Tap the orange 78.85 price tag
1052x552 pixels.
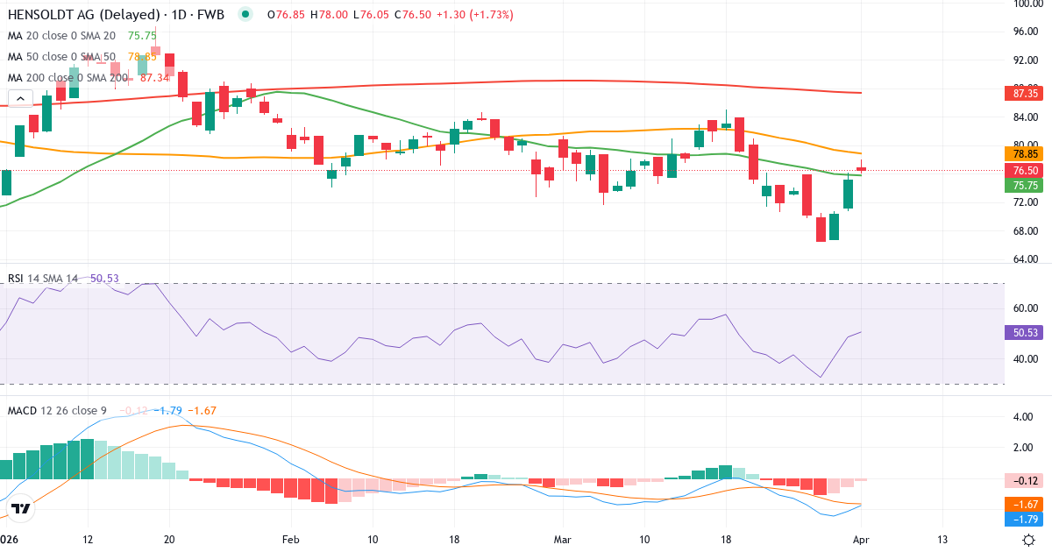point(1020,153)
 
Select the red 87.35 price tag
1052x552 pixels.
point(1020,93)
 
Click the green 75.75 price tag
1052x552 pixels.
point(1020,186)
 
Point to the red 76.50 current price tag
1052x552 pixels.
point(1020,171)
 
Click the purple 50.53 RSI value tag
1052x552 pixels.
point(1020,333)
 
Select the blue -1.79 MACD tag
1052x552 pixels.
point(1020,519)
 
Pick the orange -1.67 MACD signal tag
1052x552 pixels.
point(1020,505)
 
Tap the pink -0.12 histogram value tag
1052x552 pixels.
point(1020,479)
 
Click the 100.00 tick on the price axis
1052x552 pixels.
point(1025,4)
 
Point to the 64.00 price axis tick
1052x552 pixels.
point(1025,259)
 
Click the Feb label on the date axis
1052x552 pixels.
point(291,539)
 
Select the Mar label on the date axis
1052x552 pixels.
point(561,539)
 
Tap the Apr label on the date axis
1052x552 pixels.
point(861,539)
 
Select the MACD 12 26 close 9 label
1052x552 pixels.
point(57,410)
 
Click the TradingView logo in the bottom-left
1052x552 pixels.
point(21,508)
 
